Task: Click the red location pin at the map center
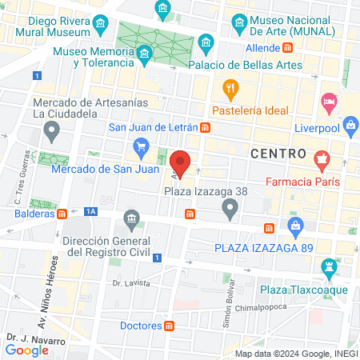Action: [181, 162]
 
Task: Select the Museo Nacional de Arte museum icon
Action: [238, 22]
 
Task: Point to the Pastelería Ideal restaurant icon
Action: [230, 87]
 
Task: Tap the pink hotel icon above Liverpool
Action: [328, 102]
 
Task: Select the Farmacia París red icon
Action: [322, 159]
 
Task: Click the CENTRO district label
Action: [278, 152]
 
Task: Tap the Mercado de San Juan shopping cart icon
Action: [142, 146]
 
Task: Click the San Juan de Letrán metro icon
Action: [206, 127]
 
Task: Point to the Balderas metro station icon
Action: [62, 213]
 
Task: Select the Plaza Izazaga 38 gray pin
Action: [230, 210]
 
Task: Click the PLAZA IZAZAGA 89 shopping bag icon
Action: [295, 226]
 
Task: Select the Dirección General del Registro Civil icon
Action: [129, 218]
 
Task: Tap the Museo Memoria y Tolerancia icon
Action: [144, 54]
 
